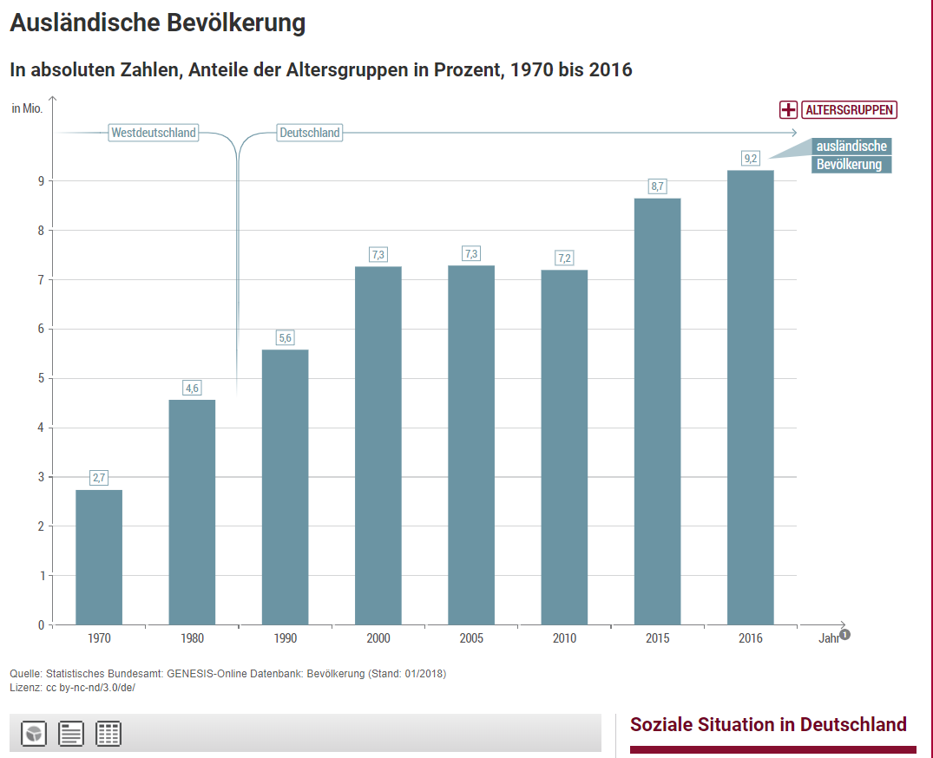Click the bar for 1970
point(99,557)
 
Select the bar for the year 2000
point(378,445)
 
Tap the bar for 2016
point(751,397)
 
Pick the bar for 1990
point(285,487)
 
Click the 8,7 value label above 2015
point(657,186)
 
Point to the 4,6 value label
point(192,388)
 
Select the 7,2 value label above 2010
point(564,258)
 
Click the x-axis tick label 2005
point(471,638)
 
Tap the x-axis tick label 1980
point(192,638)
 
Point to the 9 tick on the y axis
point(40,181)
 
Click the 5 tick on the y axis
point(40,378)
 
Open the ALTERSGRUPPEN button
point(849,110)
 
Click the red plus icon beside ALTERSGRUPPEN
point(788,110)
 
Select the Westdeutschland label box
point(154,133)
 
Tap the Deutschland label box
point(310,133)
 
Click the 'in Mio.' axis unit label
point(27,108)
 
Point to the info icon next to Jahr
point(844,634)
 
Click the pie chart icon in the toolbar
point(34,734)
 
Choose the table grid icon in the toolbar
point(108,734)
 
